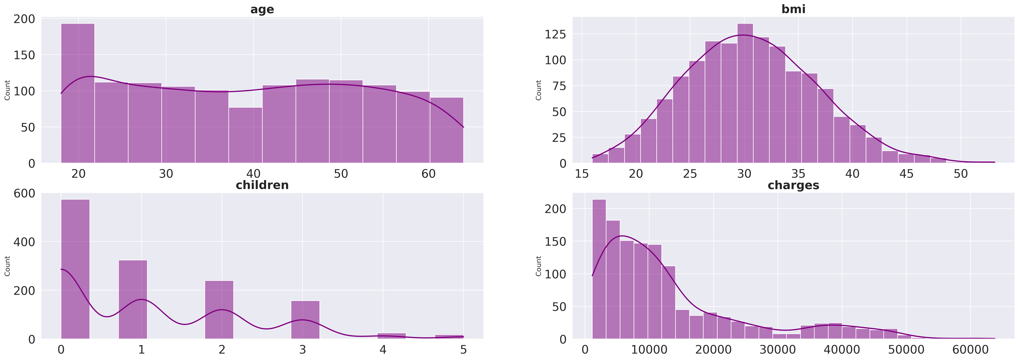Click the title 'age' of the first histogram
[262, 9]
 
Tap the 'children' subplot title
[262, 185]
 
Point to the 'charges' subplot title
[793, 185]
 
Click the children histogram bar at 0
[75, 269]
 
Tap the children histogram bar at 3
[305, 320]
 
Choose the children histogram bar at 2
[219, 310]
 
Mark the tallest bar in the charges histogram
[599, 269]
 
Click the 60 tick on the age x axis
[428, 174]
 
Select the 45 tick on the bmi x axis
[906, 174]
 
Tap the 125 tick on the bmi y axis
[555, 34]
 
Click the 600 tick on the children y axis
[25, 193]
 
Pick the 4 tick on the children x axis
[383, 350]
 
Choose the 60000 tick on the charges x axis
[970, 350]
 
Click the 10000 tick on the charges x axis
[649, 350]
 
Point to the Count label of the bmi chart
[538, 90]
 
